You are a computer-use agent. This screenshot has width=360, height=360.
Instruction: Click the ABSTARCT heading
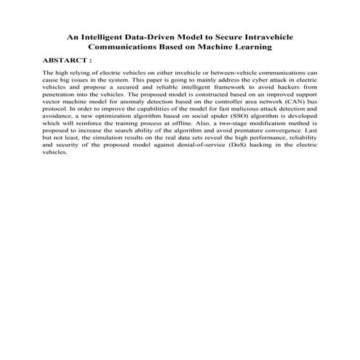(68, 62)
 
